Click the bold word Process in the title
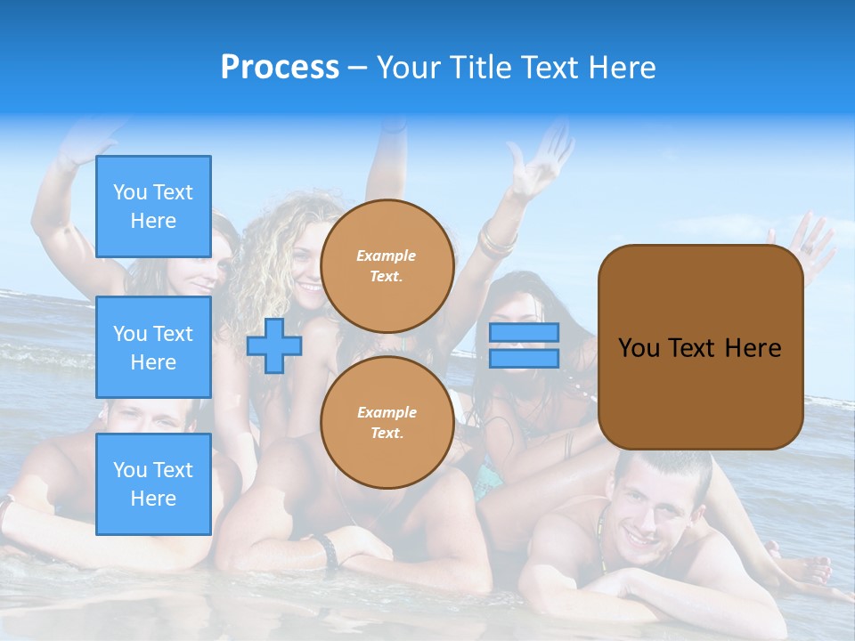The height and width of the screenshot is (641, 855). pyautogui.click(x=280, y=67)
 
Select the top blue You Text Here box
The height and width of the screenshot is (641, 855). pyautogui.click(x=153, y=207)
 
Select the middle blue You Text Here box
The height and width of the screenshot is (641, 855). pyautogui.click(x=153, y=347)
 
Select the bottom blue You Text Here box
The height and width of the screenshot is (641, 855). pyautogui.click(x=153, y=483)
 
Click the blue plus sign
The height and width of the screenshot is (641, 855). pyautogui.click(x=273, y=345)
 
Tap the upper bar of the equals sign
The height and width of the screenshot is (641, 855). pyautogui.click(x=524, y=332)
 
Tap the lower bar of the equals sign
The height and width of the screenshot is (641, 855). pyautogui.click(x=524, y=359)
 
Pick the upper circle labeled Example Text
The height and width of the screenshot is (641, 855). pyautogui.click(x=387, y=265)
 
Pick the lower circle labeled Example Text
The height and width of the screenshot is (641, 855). pyautogui.click(x=387, y=422)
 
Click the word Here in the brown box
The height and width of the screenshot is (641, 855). pyautogui.click(x=753, y=348)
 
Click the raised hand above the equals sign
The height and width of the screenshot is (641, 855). pyautogui.click(x=541, y=160)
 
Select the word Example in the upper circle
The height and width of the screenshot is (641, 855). pyautogui.click(x=386, y=256)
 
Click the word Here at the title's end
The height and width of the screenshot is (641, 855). pyautogui.click(x=623, y=68)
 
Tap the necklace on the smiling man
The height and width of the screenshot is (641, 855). pyautogui.click(x=603, y=543)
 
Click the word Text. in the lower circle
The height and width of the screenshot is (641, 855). pyautogui.click(x=386, y=434)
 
